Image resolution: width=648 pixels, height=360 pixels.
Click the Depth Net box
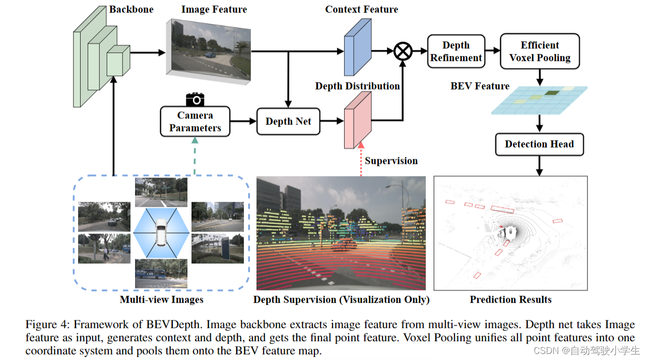tap(288, 122)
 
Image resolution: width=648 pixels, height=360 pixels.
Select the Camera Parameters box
tap(195, 122)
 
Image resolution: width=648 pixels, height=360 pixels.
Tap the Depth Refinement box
tap(456, 51)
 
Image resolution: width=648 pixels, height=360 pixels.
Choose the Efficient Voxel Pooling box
tap(540, 51)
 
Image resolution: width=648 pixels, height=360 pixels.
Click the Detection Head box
tap(539, 145)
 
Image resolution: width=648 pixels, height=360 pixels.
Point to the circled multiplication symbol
tap(403, 51)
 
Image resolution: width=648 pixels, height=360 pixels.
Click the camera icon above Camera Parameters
tap(195, 99)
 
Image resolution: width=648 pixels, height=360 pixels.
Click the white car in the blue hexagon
tap(161, 233)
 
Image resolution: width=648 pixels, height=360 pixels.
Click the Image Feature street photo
tap(208, 46)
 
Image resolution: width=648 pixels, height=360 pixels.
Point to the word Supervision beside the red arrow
tap(391, 161)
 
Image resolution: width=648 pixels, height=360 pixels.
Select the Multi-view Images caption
tap(161, 299)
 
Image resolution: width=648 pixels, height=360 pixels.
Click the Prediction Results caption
tap(510, 299)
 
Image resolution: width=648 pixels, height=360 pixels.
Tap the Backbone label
tap(131, 10)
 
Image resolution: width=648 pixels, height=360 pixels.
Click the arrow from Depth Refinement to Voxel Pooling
tap(493, 51)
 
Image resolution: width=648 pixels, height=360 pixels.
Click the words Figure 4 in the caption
tap(44, 324)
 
